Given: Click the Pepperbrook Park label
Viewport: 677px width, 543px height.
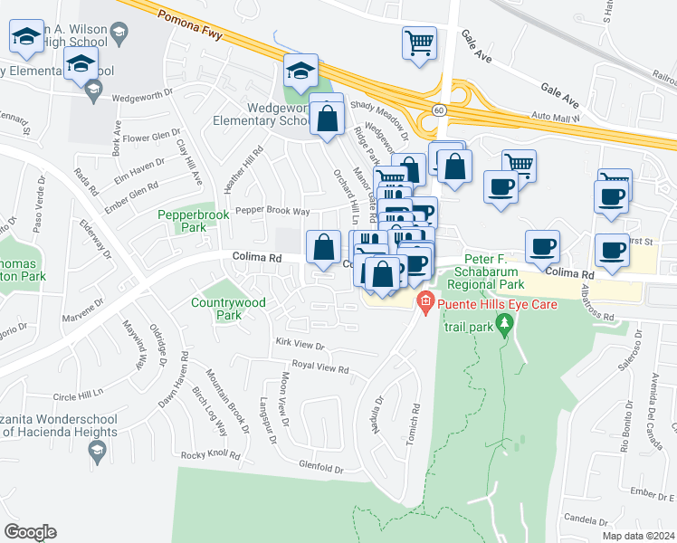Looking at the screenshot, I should point(182,222).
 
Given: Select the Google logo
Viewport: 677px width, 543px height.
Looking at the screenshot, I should point(30,532).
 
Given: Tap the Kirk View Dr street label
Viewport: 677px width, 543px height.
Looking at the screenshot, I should point(300,344).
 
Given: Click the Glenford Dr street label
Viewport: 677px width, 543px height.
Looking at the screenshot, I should point(321,468).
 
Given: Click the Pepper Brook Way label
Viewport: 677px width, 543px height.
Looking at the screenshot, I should point(272,210).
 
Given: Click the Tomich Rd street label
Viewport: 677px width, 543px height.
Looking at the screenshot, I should point(415,423).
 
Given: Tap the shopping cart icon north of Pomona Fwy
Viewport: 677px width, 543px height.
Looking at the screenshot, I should point(419,42).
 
